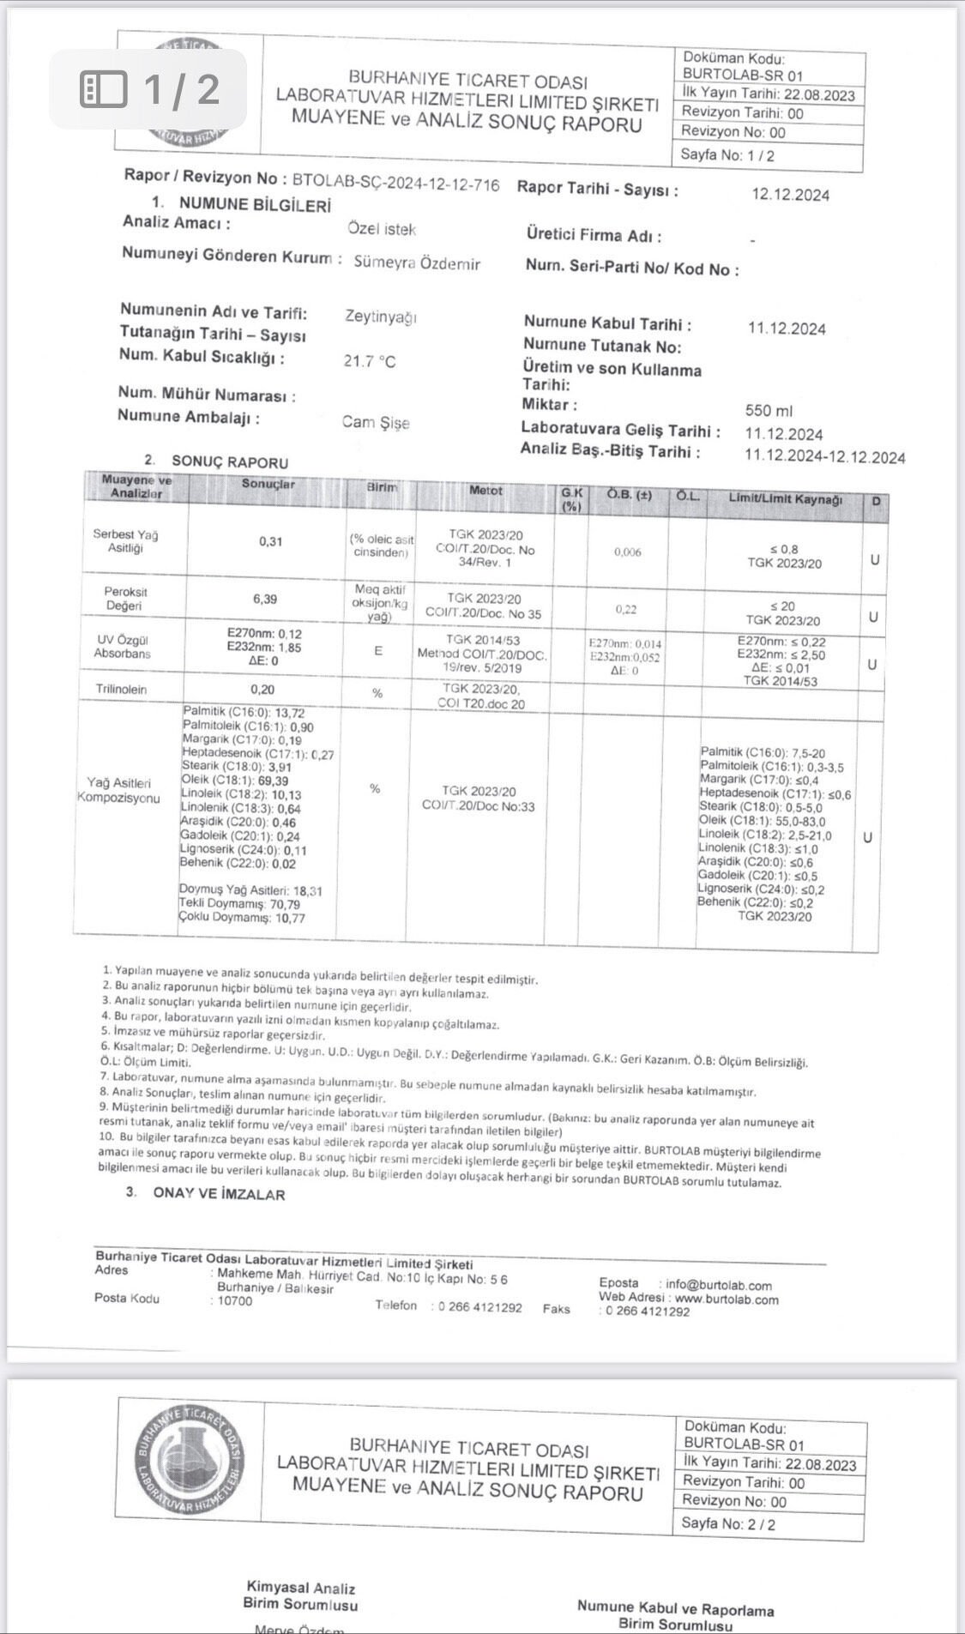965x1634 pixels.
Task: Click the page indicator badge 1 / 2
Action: click(x=148, y=89)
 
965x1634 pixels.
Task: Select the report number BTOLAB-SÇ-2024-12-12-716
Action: click(x=395, y=183)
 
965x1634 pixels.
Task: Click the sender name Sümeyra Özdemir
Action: click(x=417, y=263)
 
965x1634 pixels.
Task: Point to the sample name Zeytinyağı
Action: click(x=381, y=317)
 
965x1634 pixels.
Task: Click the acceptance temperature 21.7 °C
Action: click(x=370, y=362)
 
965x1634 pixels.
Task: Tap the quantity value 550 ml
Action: click(x=769, y=411)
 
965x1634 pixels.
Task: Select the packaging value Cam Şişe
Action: click(x=376, y=422)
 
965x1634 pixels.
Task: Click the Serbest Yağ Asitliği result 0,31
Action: click(x=270, y=541)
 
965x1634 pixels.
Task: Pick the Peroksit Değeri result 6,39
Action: click(x=265, y=599)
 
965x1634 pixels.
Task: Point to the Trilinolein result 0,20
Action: click(x=262, y=690)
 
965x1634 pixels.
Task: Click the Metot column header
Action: click(x=486, y=491)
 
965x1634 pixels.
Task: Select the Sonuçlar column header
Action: click(x=268, y=484)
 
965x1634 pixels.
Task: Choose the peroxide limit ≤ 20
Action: click(x=782, y=606)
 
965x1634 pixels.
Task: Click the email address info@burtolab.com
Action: click(x=718, y=1285)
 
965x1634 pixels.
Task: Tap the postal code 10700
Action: click(x=235, y=1300)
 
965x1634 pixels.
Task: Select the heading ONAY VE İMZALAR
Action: click(x=219, y=1194)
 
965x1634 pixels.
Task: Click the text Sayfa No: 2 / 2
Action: click(x=728, y=1523)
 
